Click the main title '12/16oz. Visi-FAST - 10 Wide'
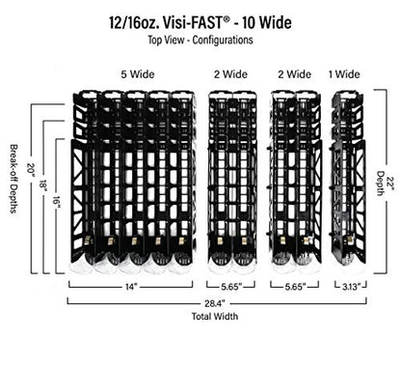coord(200,23)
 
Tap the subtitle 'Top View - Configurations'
coord(200,41)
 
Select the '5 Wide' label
coord(138,74)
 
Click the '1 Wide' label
coord(344,74)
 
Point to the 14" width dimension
coord(131,287)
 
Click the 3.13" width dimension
coord(350,287)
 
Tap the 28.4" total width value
coord(215,303)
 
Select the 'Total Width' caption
coord(215,316)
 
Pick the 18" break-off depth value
coord(43,184)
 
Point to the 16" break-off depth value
coord(56,202)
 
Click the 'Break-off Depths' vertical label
coord(13,179)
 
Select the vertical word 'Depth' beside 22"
coord(381,183)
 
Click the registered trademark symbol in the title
coord(227,19)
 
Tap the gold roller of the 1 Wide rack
coord(350,240)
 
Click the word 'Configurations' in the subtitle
coord(223,41)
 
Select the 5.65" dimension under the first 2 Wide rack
coord(231,287)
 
